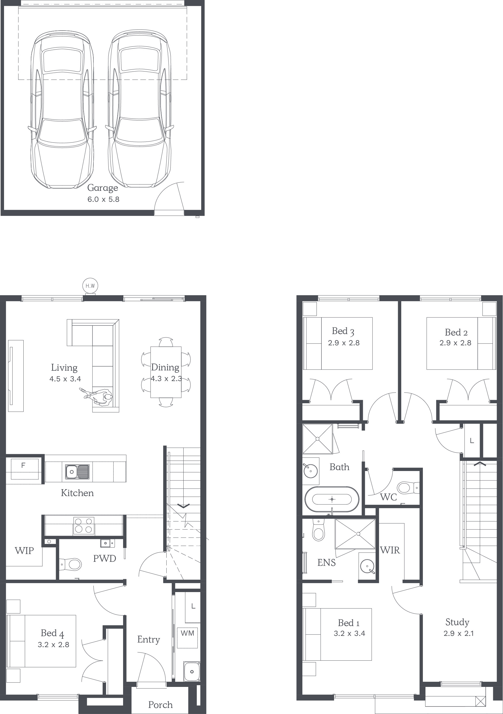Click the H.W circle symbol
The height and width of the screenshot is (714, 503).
[x=90, y=285]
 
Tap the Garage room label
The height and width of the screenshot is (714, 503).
[x=103, y=188]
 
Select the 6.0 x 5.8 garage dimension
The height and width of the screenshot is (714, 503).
[x=103, y=199]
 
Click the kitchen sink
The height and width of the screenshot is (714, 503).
[x=78, y=472]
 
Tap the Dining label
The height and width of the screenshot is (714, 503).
[x=165, y=368]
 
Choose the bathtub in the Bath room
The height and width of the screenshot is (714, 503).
[x=332, y=499]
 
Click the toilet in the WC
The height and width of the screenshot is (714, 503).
[x=408, y=488]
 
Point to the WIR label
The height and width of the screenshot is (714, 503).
[x=390, y=550]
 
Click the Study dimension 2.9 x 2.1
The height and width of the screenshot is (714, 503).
[x=459, y=634]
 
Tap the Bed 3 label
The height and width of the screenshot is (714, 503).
[x=343, y=331]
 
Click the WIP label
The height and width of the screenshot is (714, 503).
[x=24, y=551]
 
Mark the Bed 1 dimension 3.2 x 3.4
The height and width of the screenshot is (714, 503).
[x=349, y=634]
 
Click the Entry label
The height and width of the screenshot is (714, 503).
[x=149, y=640]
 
